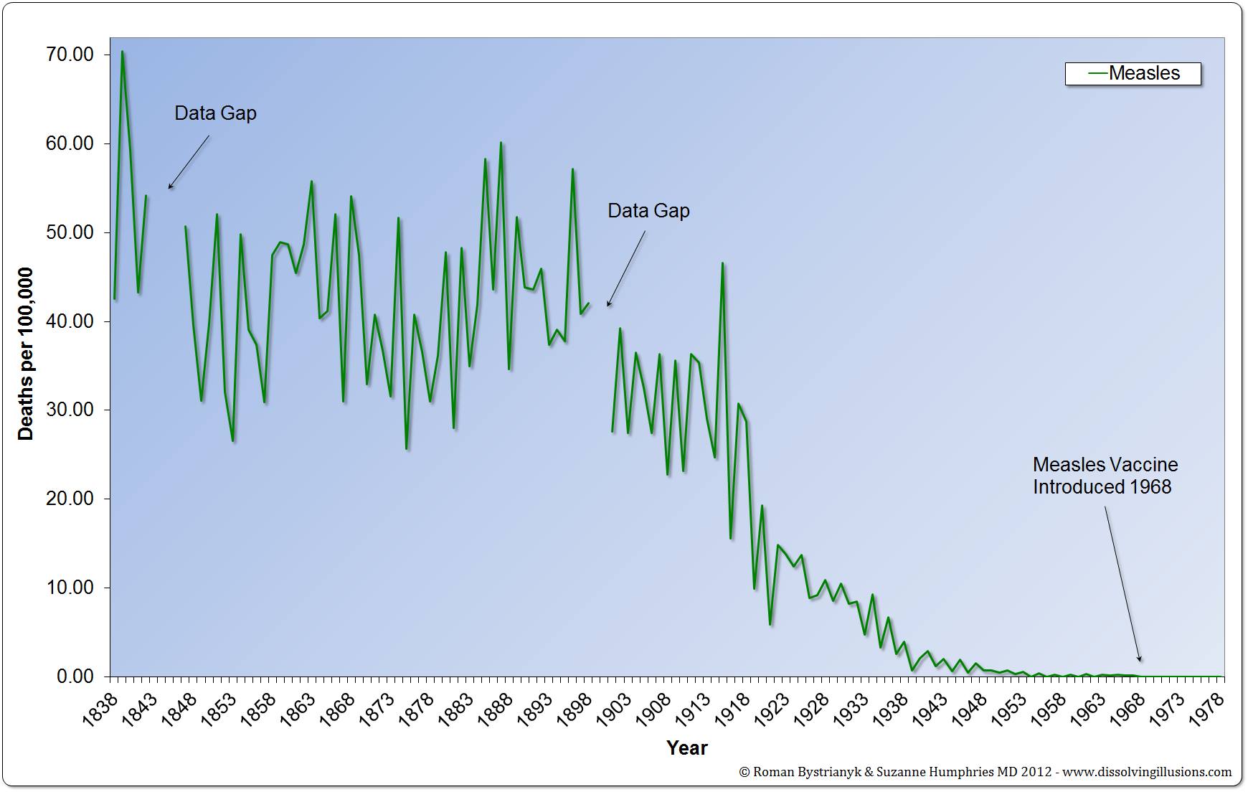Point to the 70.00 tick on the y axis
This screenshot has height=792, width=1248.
click(69, 55)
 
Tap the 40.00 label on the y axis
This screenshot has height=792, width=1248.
click(69, 321)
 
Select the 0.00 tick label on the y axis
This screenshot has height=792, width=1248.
click(73, 676)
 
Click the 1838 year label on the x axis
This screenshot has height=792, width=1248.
click(100, 709)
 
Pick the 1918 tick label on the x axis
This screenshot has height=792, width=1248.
click(733, 709)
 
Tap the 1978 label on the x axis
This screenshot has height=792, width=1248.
click(1207, 709)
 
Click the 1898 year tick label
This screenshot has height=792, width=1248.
click(575, 709)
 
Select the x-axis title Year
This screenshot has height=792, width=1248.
click(686, 748)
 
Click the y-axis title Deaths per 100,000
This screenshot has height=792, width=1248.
click(26, 354)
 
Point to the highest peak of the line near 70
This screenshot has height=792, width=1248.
click(123, 52)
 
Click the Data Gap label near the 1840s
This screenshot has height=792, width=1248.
click(215, 113)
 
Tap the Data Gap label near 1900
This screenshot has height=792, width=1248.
click(648, 211)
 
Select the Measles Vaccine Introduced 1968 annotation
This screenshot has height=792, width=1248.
click(1105, 476)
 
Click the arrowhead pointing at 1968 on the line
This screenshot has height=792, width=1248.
click(1140, 659)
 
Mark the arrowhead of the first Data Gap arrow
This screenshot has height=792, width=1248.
click(170, 187)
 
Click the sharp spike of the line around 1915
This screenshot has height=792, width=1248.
click(722, 263)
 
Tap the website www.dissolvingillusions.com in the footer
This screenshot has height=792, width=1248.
click(1147, 772)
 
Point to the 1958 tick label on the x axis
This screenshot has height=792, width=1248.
click(1049, 709)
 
